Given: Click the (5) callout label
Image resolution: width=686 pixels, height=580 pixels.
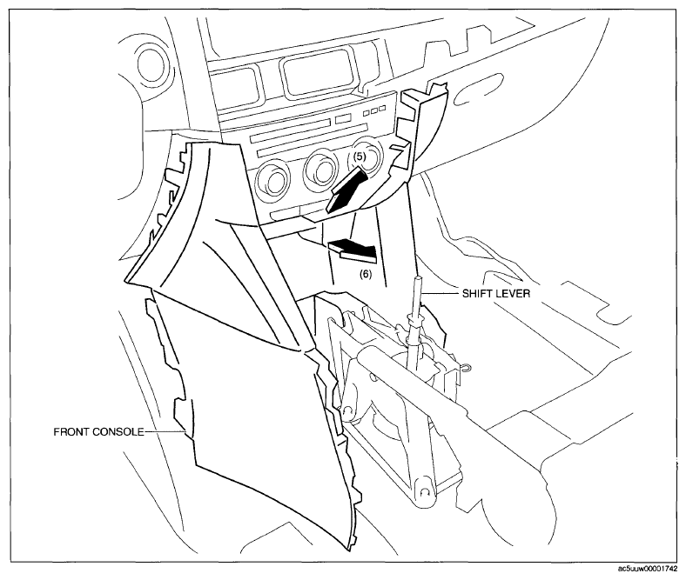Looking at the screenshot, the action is (x=359, y=156).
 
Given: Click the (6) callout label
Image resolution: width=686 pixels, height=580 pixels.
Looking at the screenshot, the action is (x=366, y=274).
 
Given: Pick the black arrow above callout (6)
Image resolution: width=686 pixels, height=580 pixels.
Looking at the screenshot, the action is (x=353, y=251).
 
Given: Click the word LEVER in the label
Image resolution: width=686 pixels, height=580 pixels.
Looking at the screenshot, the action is (x=514, y=293).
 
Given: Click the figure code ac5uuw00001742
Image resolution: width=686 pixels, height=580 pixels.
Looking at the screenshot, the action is (x=650, y=569).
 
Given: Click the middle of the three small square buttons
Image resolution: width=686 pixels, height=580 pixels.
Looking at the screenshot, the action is (x=374, y=110).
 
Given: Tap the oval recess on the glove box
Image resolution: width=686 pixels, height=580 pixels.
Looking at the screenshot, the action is (x=479, y=92).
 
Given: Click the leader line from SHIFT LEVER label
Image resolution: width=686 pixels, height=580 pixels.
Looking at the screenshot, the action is (x=442, y=293).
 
